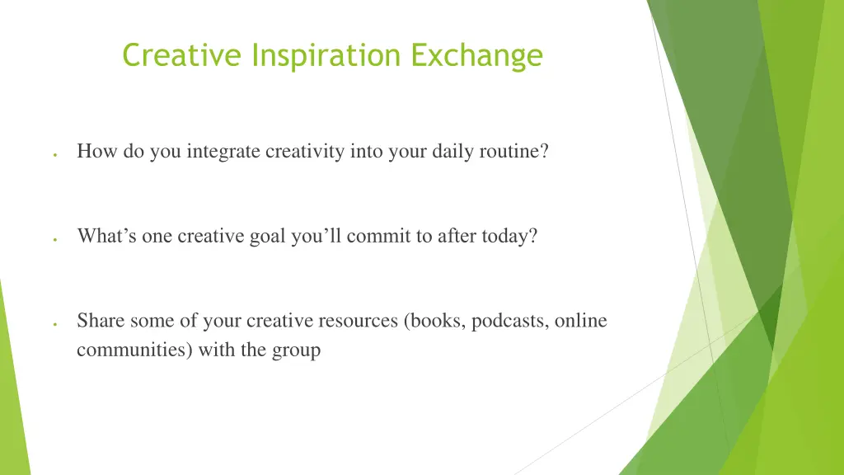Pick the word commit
[378, 236]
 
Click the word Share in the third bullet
[98, 320]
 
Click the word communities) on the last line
[135, 350]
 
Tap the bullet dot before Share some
[53, 323]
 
